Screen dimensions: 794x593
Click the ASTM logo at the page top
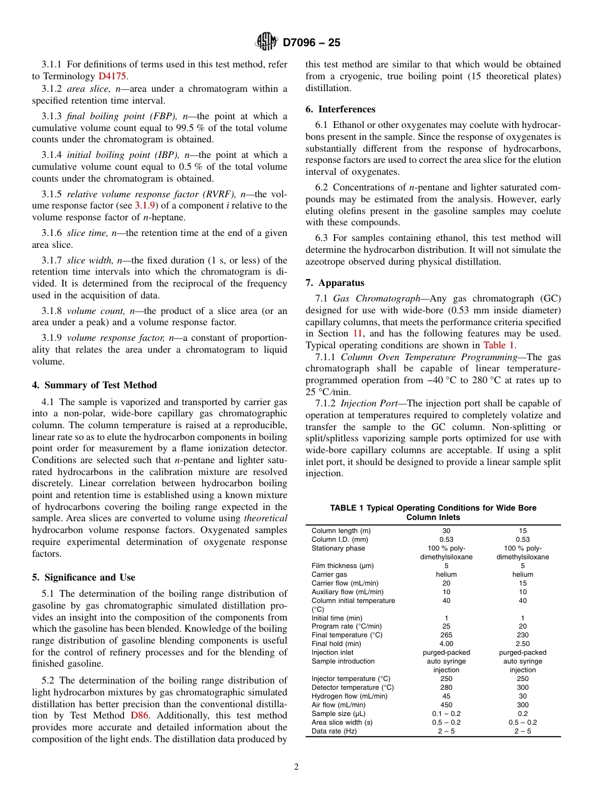point(267,42)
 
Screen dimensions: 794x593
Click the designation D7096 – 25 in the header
point(311,43)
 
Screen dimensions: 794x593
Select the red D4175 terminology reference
point(112,76)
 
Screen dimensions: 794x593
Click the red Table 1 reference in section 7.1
point(499,345)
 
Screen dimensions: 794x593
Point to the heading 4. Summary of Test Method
point(94,385)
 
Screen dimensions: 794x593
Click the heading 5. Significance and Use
point(84,577)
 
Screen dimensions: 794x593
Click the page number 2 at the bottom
point(296,767)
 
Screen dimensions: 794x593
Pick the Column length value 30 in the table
point(446,531)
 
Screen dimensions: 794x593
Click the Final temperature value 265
point(446,635)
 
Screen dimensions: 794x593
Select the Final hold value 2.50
point(522,644)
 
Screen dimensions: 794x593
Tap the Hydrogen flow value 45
point(446,696)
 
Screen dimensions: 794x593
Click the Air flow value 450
point(446,705)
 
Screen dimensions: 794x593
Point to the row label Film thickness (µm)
point(343,566)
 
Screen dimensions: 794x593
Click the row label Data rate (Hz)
point(335,731)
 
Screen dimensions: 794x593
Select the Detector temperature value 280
point(446,687)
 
